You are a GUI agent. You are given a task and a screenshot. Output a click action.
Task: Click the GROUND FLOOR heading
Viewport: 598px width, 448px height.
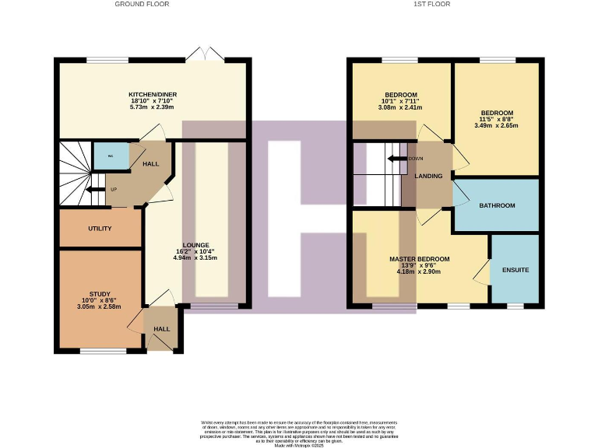[142, 4]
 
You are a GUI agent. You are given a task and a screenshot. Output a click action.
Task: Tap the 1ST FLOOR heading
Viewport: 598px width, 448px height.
[431, 4]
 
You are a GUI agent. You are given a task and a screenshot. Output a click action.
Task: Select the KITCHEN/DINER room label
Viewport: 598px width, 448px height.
[153, 95]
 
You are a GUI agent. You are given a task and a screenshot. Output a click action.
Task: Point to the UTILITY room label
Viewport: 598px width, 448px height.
[100, 229]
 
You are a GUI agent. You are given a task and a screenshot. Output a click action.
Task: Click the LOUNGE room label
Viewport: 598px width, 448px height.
[196, 245]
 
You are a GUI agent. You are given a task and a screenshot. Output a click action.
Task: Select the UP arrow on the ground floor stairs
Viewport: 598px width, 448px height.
[97, 189]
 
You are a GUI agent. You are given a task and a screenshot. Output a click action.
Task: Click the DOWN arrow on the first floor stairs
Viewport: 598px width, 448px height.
[400, 159]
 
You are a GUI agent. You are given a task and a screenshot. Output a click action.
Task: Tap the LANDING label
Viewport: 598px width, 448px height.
[429, 177]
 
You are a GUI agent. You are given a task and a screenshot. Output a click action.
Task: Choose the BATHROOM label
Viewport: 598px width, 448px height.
[497, 205]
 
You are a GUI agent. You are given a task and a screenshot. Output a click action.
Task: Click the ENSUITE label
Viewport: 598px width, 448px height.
[515, 270]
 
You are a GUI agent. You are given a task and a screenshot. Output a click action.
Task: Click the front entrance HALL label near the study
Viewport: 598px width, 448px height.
[162, 329]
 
